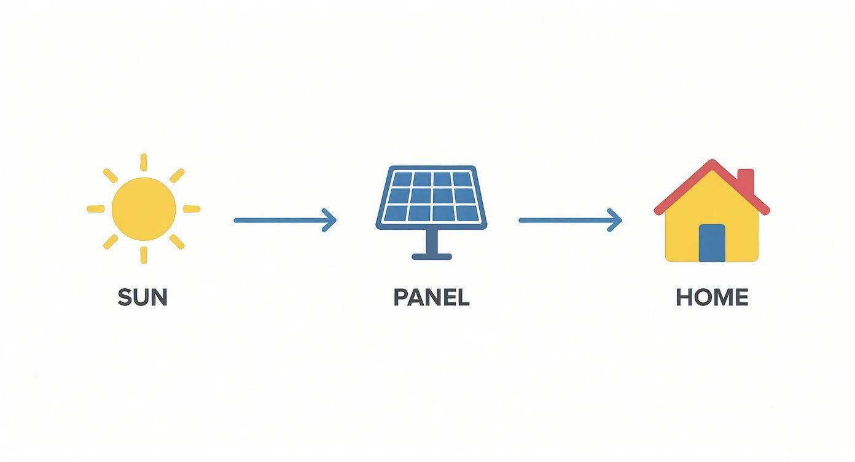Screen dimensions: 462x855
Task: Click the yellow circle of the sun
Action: tap(144, 209)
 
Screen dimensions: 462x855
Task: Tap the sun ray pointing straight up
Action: tap(144, 162)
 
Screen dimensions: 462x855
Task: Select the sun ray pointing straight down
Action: tap(144, 255)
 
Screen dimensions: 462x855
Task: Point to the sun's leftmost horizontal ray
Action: tap(96, 209)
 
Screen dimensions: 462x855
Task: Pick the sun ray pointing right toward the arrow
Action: tap(192, 209)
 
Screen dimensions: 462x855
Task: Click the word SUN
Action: tap(142, 297)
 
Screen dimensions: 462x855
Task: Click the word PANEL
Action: tap(431, 297)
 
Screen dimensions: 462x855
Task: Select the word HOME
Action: tap(712, 297)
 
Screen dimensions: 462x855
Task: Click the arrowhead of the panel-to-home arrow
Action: tap(617, 220)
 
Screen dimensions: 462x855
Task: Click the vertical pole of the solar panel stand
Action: tap(432, 241)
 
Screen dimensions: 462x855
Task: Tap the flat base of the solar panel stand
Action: tap(432, 256)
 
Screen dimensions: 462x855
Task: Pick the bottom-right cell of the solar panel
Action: tap(464, 213)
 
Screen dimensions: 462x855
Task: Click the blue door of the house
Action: tap(712, 243)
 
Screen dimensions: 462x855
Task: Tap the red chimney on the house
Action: tap(745, 180)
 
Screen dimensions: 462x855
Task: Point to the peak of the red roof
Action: tap(712, 165)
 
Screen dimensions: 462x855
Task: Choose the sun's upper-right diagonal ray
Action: tap(177, 176)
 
